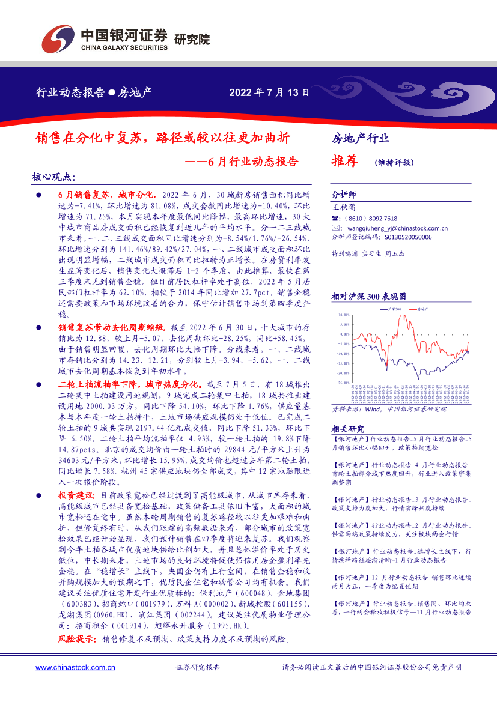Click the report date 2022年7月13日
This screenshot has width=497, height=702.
point(269,93)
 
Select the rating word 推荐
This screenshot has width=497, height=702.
point(345,161)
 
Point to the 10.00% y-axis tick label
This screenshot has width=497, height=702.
point(344,314)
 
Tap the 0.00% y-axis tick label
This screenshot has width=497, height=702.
point(344,333)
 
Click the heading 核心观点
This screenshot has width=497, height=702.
point(53,177)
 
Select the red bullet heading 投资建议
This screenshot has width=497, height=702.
point(76,495)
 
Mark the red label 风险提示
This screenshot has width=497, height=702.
point(76,640)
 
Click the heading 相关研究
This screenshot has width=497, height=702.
point(348,429)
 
